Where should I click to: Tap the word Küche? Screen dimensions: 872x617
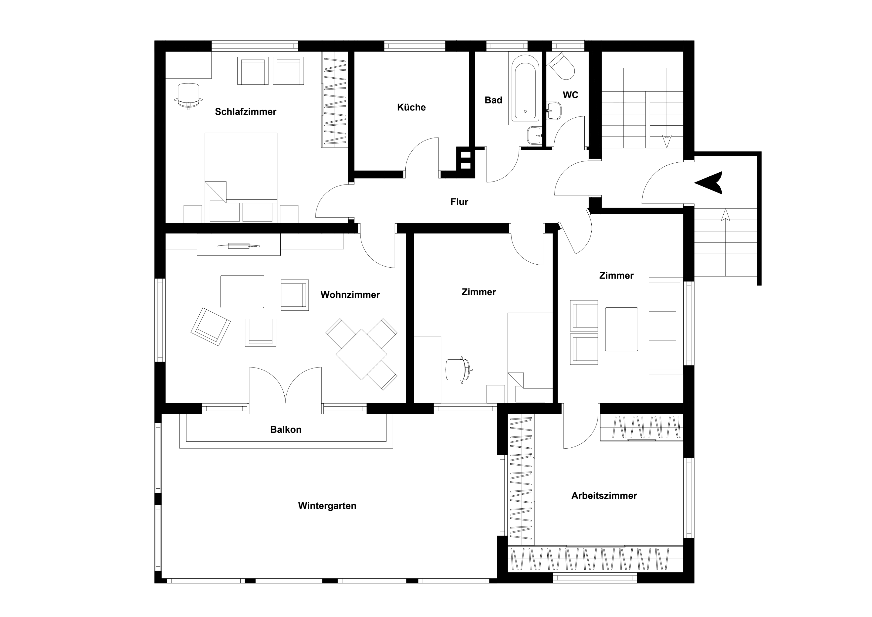(x=411, y=107)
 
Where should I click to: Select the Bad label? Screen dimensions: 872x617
(x=493, y=100)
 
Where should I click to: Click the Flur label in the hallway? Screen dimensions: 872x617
(x=459, y=202)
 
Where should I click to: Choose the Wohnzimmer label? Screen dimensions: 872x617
(x=350, y=295)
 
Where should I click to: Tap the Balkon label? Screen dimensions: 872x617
(x=286, y=430)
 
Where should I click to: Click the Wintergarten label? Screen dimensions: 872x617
(x=327, y=506)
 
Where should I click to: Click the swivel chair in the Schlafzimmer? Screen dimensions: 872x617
(x=188, y=96)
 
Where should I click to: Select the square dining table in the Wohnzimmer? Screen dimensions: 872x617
(x=362, y=354)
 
